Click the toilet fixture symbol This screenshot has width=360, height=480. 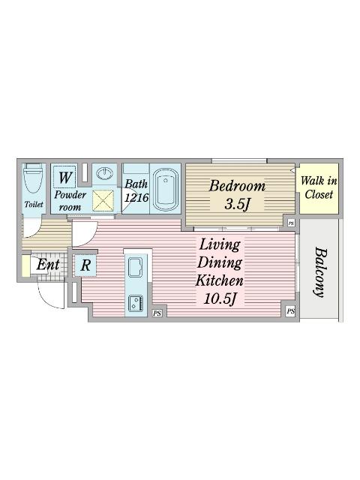pos(33,178)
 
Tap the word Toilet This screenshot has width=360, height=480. pos(34,204)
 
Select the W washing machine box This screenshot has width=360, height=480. pos(64,177)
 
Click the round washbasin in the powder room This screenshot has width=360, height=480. pos(105,173)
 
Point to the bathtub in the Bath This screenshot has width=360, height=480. pos(166,189)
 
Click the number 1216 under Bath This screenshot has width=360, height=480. pos(136,197)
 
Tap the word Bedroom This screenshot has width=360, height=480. pos(237,186)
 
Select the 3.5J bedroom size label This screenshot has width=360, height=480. pos(236,204)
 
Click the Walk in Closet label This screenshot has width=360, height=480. pos(319,187)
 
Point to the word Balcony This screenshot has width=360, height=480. pos(321,272)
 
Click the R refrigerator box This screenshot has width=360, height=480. pos(85,265)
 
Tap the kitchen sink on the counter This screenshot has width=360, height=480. pos(135,267)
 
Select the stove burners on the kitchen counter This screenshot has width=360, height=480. pos(136,303)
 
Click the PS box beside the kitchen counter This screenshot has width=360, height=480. pos(157,313)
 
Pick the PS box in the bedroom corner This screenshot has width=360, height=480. pos(291,223)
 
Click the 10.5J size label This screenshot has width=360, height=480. pos(220,298)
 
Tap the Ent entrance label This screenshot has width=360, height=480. pos(48,265)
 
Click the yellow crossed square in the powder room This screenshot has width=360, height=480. pos(103,200)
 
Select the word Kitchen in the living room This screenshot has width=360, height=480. pos(220,280)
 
